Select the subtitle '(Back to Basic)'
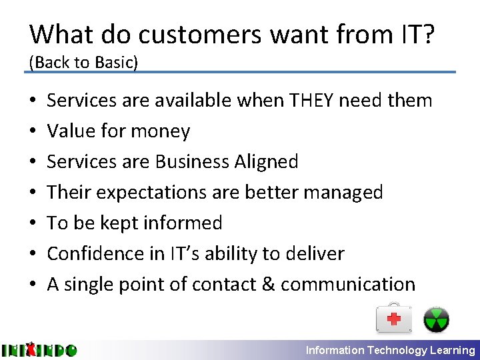(83, 62)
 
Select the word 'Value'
(73, 131)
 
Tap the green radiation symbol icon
(437, 319)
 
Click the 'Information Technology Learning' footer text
(390, 350)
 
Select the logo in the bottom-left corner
(39, 349)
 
